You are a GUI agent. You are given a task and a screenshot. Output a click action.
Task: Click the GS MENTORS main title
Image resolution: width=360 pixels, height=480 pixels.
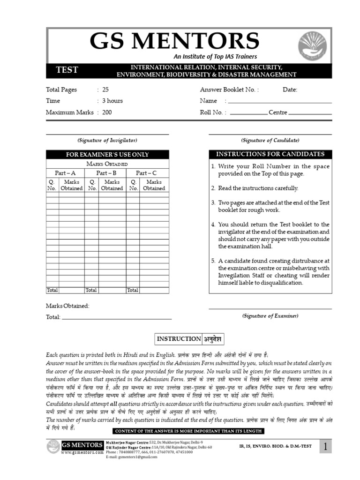pyautogui.click(x=174, y=41)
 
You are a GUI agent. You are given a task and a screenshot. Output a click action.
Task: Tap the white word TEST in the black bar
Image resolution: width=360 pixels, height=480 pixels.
pyautogui.click(x=67, y=70)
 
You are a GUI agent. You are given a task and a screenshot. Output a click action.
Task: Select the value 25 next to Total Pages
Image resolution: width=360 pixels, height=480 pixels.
pyautogui.click(x=105, y=90)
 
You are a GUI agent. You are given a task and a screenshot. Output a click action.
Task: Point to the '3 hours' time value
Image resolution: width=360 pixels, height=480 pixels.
pyautogui.click(x=112, y=101)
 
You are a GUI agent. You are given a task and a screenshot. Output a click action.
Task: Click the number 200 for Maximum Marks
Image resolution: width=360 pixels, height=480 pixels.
pyautogui.click(x=107, y=112)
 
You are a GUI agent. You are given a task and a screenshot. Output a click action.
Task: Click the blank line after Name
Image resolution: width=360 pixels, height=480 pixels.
pyautogui.click(x=279, y=101)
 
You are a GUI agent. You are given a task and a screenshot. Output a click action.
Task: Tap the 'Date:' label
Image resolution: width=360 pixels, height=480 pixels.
pyautogui.click(x=290, y=90)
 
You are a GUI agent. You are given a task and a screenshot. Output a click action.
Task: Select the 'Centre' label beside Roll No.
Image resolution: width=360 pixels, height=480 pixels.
pyautogui.click(x=278, y=112)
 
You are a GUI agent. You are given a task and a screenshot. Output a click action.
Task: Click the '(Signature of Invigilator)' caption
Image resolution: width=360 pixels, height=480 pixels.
pyautogui.click(x=107, y=140)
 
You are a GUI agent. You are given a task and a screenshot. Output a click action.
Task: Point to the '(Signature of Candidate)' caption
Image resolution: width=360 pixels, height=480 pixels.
pyautogui.click(x=270, y=140)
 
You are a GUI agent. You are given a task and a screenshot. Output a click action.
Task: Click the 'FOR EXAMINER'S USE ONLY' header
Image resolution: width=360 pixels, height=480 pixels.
pyautogui.click(x=107, y=155)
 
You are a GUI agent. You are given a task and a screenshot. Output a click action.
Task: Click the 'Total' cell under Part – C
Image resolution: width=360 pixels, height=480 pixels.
pyautogui.click(x=133, y=290)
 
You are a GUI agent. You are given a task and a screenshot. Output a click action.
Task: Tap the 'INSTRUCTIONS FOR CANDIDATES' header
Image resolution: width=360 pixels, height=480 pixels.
pyautogui.click(x=270, y=154)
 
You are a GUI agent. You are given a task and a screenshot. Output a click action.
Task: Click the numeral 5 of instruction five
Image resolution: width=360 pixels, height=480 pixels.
pyautogui.click(x=213, y=261)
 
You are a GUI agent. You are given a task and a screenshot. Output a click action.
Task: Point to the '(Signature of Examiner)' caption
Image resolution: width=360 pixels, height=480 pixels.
pyautogui.click(x=270, y=316)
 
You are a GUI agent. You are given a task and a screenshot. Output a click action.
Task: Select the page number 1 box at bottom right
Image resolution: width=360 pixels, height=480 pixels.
pyautogui.click(x=325, y=447)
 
